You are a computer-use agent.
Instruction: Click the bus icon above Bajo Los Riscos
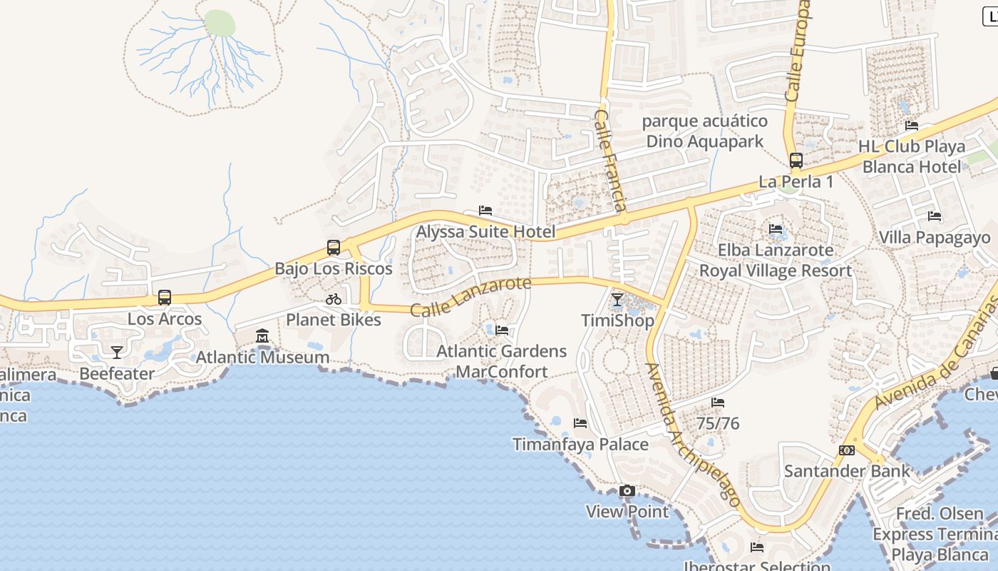pyautogui.click(x=333, y=248)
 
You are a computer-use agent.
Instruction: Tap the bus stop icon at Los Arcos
pyautogui.click(x=165, y=298)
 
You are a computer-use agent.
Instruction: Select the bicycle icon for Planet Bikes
pyautogui.click(x=333, y=299)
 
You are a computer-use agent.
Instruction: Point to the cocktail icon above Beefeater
pyautogui.click(x=117, y=352)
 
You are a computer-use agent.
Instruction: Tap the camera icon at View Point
pyautogui.click(x=627, y=490)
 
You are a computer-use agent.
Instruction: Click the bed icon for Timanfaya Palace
pyautogui.click(x=580, y=423)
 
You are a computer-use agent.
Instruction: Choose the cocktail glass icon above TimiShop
pyautogui.click(x=617, y=300)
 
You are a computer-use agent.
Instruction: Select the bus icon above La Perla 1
pyautogui.click(x=796, y=161)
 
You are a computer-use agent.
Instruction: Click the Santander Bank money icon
pyautogui.click(x=847, y=450)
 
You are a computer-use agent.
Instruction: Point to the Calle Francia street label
pyautogui.click(x=610, y=160)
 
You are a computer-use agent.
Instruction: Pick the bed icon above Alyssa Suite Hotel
pyautogui.click(x=485, y=211)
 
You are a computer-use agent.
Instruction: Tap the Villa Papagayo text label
pyautogui.click(x=935, y=238)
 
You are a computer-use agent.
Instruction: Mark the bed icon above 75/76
pyautogui.click(x=718, y=403)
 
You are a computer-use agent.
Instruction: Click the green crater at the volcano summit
pyautogui.click(x=220, y=23)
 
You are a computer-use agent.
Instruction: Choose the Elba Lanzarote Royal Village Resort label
pyautogui.click(x=776, y=261)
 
